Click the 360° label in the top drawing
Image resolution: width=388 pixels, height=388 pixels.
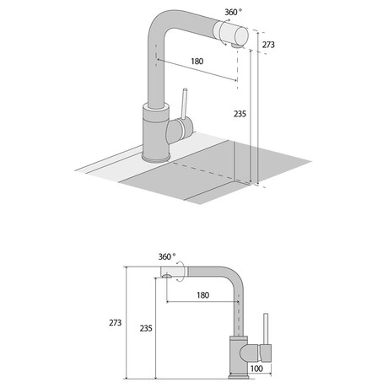[x=234, y=12]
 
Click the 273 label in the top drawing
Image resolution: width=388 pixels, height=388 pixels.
[x=268, y=45]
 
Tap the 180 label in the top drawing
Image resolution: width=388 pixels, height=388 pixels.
[x=197, y=62]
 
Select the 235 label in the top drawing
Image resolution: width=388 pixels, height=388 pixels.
[x=240, y=114]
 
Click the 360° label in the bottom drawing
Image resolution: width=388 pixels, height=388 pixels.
[x=167, y=256]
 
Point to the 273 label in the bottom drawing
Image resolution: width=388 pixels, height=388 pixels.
[x=116, y=323]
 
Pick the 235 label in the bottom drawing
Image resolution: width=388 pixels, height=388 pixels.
[x=146, y=328]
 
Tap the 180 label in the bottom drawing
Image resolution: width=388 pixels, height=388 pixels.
[x=203, y=295]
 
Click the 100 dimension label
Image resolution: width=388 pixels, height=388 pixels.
[x=256, y=369]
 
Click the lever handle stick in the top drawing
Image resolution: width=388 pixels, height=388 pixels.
[x=185, y=104]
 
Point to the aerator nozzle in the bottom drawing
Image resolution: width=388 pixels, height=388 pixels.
[x=167, y=276]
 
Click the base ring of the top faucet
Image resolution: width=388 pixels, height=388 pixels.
[x=156, y=158]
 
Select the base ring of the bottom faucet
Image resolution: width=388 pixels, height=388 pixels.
[x=239, y=376]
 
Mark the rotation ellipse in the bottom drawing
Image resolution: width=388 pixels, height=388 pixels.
[x=181, y=271]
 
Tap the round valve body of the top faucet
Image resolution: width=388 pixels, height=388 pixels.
[x=175, y=132]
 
